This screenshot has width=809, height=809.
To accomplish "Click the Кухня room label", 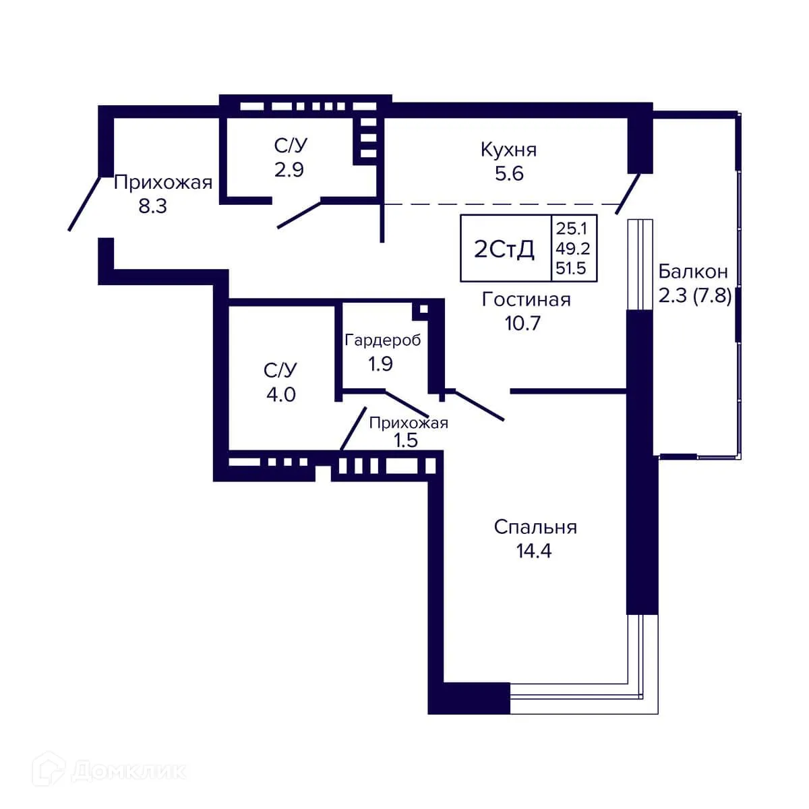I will click(508, 150).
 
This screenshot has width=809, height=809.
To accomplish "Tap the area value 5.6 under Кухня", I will click(509, 174).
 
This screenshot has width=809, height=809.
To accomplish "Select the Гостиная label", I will click(526, 299).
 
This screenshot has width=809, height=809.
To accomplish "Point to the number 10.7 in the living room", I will click(522, 324).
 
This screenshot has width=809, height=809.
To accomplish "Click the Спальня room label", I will click(535, 527).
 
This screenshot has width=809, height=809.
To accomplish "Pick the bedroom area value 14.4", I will click(534, 551).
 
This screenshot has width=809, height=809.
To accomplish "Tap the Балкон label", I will click(693, 272).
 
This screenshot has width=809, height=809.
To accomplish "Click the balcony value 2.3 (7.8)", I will click(694, 295).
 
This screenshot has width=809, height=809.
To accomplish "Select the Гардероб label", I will click(382, 340).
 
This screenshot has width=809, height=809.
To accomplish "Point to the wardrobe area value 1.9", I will click(380, 364).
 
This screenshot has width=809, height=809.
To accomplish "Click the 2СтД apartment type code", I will click(504, 249).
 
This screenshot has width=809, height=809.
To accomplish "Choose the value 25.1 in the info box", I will click(571, 229).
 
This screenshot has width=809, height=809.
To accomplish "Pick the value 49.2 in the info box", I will click(572, 249).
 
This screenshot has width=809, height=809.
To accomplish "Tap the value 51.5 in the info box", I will click(571, 268).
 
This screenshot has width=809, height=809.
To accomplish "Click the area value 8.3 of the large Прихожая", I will click(152, 206).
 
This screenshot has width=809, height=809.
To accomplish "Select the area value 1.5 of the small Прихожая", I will click(406, 440).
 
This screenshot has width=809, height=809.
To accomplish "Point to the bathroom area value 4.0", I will click(280, 394).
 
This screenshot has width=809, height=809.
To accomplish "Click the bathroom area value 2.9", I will click(289, 170).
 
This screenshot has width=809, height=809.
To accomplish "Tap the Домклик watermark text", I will click(128, 771).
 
